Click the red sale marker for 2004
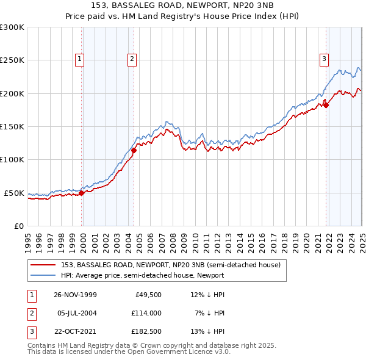tap(134, 150)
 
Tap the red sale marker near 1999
tap(82, 193)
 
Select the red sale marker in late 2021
tap(326, 105)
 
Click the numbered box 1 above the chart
tap(80, 59)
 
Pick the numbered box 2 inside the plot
tap(132, 59)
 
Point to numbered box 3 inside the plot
tap(324, 59)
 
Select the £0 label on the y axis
tap(18, 226)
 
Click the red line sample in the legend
tap(43, 265)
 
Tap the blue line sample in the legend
tap(43, 275)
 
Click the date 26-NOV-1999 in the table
tap(75, 295)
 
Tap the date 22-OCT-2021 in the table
tap(75, 333)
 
